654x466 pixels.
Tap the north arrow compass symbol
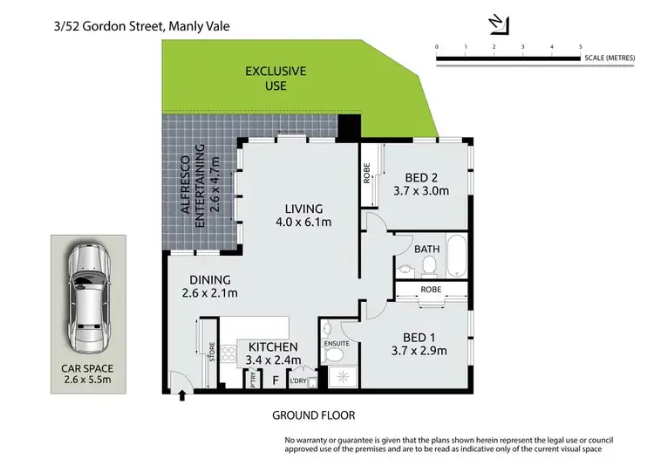[496, 20]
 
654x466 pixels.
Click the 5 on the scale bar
[580, 45]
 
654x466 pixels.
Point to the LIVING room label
[303, 209]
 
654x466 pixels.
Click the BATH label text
[427, 248]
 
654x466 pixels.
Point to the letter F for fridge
[276, 380]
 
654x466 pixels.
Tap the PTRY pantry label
[253, 380]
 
